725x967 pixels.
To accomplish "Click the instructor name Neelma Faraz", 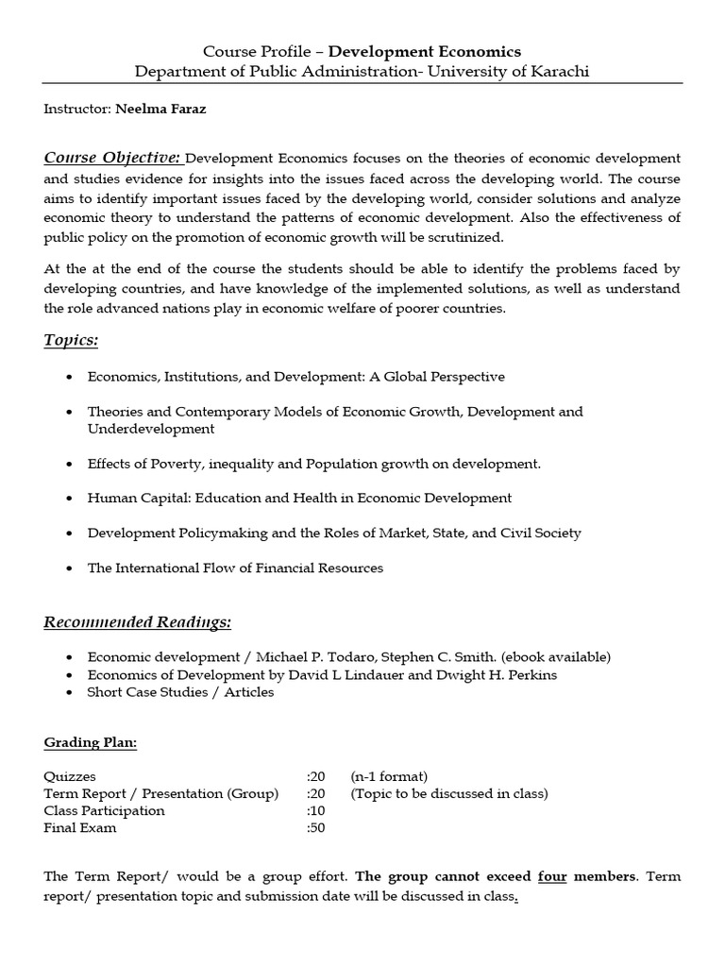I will [x=160, y=109].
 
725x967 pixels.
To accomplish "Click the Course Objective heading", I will [x=113, y=157].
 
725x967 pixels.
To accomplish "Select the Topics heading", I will [x=71, y=340].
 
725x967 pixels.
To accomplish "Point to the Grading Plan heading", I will [x=91, y=743].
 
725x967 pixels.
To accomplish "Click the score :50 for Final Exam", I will [x=315, y=828].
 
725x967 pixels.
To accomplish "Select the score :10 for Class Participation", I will [x=315, y=810].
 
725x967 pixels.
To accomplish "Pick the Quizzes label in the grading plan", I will [x=70, y=776].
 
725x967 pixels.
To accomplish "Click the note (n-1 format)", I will [x=389, y=776].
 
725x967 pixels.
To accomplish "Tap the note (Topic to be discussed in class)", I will [x=449, y=793].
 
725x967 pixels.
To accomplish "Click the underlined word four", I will [x=552, y=876].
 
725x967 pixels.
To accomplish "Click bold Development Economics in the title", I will [x=424, y=51].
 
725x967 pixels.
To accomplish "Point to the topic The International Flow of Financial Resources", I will [x=235, y=568].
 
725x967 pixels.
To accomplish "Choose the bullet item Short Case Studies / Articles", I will [x=180, y=692].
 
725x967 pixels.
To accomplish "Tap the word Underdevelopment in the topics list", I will [x=151, y=429].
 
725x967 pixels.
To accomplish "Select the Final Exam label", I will [x=80, y=828].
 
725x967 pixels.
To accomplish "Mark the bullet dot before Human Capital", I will [x=71, y=498].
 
